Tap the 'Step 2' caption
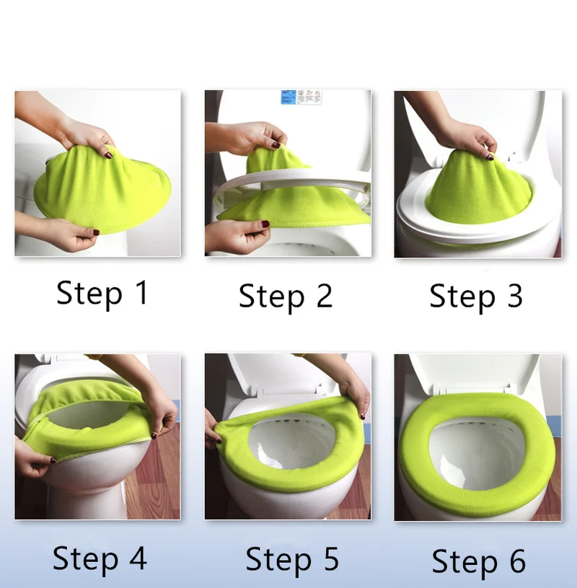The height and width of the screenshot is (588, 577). (x=286, y=296)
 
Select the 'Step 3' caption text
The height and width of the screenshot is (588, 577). (x=475, y=296)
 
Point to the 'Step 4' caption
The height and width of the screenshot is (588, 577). (x=100, y=558)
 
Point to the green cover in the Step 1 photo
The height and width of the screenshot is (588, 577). (x=101, y=191)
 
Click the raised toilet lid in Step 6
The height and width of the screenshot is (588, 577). (x=476, y=372)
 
